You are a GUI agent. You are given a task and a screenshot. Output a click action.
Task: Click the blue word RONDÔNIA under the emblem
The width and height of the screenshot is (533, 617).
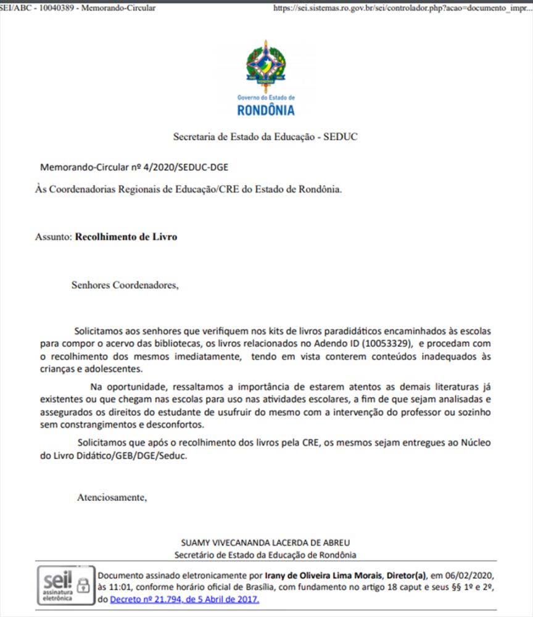(266, 111)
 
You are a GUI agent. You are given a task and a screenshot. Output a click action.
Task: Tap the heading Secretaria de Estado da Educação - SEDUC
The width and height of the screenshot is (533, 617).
(266, 136)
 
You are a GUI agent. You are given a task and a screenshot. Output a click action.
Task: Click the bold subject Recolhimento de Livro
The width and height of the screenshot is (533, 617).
(126, 236)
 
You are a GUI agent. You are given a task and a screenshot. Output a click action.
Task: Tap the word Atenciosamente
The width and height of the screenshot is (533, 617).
(112, 497)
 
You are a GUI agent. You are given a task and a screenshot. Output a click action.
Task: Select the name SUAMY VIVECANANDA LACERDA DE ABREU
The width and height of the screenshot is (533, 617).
(266, 543)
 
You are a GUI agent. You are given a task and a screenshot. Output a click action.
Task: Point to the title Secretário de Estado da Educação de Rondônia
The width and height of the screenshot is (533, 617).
(266, 555)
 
